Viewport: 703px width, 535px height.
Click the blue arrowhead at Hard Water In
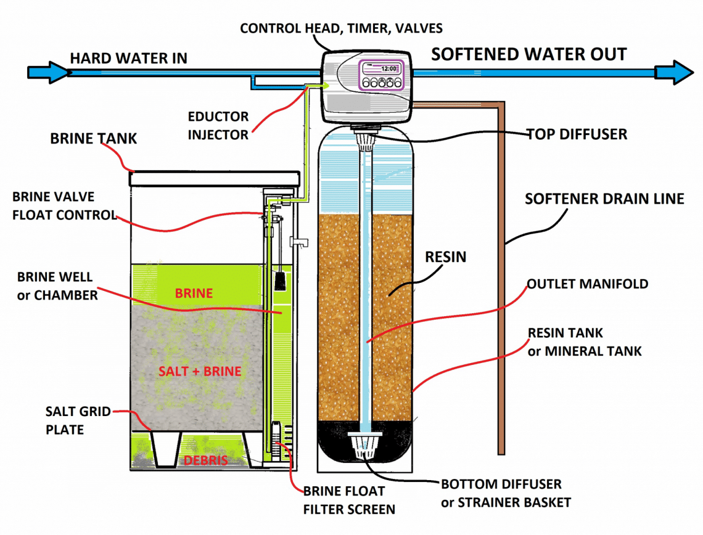point(52,72)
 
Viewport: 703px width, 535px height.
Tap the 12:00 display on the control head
point(388,70)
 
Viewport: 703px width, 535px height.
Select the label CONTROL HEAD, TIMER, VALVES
point(341,28)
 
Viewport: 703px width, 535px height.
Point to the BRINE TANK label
point(94,139)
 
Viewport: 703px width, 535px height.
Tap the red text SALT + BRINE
point(199,372)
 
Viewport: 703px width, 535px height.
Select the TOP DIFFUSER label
point(577,134)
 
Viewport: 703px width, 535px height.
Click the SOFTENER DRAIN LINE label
point(604,199)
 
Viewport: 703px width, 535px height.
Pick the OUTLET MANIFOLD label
point(587,284)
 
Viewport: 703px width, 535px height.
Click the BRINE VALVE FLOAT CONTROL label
point(64,206)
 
